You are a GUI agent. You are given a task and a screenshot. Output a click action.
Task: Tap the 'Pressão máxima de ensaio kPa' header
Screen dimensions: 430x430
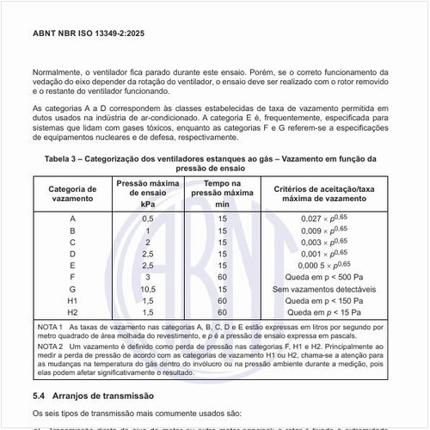click(x=147, y=193)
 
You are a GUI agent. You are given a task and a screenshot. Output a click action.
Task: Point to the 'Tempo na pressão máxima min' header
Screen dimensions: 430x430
click(x=222, y=193)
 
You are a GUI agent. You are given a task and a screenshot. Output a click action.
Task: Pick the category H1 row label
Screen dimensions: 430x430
click(x=72, y=301)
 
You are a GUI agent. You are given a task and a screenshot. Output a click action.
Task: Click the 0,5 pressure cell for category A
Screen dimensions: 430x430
click(x=147, y=218)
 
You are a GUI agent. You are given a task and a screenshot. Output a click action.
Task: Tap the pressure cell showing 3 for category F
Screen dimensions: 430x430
click(x=147, y=277)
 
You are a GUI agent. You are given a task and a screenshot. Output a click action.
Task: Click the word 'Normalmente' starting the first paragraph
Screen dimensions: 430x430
click(x=58, y=73)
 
